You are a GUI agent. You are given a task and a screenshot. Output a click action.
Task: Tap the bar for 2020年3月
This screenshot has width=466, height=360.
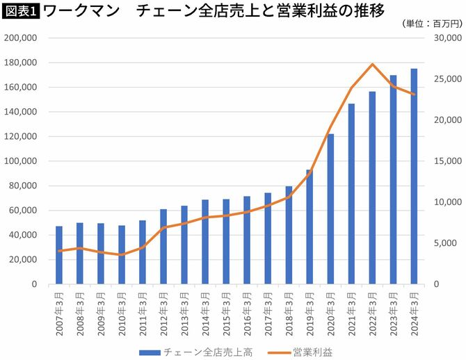tap(330, 208)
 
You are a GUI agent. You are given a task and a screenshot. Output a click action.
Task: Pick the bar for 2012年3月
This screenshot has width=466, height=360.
tap(163, 247)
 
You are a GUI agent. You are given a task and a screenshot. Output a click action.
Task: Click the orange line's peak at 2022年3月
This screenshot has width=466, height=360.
tap(373, 65)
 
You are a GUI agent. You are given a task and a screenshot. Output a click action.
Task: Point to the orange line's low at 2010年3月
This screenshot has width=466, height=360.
tap(122, 255)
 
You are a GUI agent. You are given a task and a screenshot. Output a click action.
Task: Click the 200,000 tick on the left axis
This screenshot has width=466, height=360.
tap(22, 38)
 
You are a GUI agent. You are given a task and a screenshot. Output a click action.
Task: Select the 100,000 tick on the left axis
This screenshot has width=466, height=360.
tap(22, 161)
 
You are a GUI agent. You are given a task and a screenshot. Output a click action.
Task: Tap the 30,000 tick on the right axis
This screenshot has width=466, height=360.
tap(448, 38)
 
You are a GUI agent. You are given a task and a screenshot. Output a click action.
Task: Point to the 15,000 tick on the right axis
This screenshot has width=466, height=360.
tap(448, 161)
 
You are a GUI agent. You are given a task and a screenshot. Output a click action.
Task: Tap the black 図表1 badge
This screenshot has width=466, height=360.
tap(20, 10)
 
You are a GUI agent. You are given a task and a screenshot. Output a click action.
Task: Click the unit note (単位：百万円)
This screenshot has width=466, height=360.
tap(431, 24)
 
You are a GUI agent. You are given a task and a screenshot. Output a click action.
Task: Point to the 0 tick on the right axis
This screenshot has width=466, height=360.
tap(437, 284)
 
